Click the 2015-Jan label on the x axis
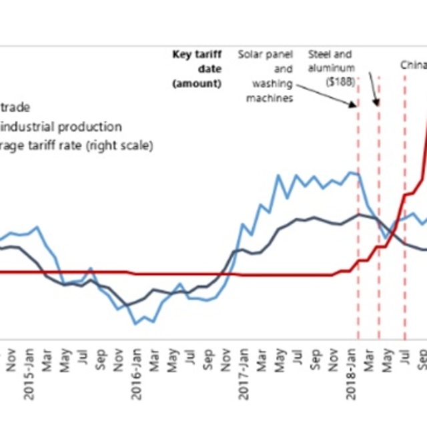30,381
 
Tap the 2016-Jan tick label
137,381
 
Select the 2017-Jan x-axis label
244,381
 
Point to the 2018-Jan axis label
352,381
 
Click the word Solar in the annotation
251,53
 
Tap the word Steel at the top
320,53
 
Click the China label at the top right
413,65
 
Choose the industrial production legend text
61,127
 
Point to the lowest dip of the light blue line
135,324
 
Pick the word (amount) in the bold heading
197,83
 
